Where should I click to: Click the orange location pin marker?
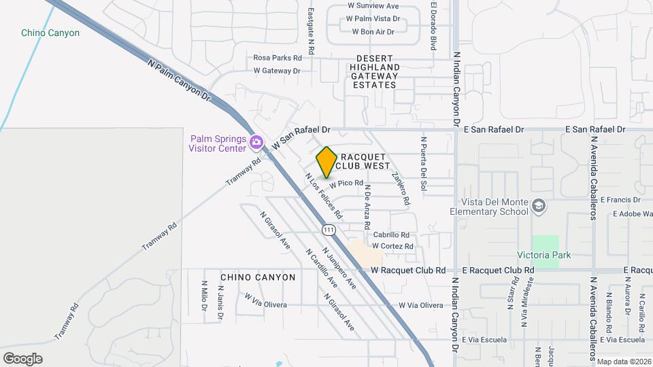pos(326,162)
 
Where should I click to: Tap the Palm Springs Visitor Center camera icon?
pos(256,143)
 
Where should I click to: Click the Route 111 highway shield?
pos(329,230)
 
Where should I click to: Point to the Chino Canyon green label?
pos(50,33)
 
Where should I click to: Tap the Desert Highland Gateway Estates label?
pos(375,71)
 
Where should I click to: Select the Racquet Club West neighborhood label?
pos(363,161)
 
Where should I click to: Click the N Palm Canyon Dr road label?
pos(180,80)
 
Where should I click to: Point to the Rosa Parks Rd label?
pos(278,58)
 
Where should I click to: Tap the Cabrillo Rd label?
pos(391,235)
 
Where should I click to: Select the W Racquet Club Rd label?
pos(408,270)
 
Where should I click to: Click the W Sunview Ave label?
pos(373,6)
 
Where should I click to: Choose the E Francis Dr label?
pos(626,200)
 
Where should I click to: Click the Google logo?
pos(22,358)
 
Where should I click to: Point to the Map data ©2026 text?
pos(624,362)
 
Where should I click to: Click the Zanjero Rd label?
pos(401,188)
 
